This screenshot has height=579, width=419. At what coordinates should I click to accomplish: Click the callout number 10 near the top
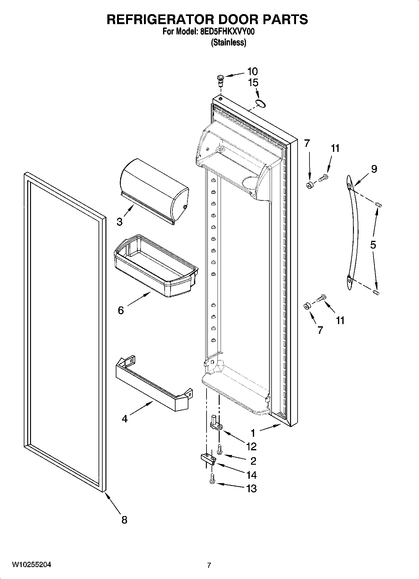point(252,71)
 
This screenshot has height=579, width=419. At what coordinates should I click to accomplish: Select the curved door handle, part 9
point(353,232)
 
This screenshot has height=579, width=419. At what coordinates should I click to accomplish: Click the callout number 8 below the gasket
point(124,520)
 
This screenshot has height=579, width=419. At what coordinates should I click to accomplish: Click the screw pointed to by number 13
point(212,479)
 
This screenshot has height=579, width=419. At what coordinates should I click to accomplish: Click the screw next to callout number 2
point(220,449)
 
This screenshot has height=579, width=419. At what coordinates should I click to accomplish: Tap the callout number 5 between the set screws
point(373,245)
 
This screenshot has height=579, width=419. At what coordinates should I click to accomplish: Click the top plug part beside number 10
point(220,80)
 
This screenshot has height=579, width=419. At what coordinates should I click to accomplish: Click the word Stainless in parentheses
point(228,43)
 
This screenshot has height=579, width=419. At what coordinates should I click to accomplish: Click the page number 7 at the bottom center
point(209,565)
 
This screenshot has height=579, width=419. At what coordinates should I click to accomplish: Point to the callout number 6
point(121,310)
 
